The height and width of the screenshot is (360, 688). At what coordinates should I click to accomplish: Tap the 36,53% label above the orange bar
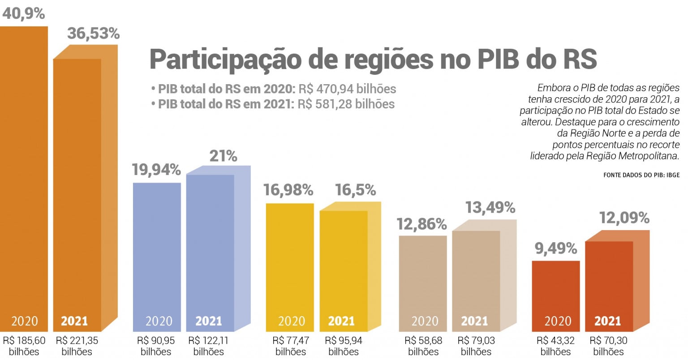pyautogui.click(x=94, y=33)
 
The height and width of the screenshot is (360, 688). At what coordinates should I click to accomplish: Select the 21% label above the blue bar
pyautogui.click(x=223, y=156)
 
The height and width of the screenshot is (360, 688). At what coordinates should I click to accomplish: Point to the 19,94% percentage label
pyautogui.click(x=156, y=170)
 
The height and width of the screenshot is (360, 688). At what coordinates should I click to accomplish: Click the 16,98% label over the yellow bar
pyautogui.click(x=288, y=190)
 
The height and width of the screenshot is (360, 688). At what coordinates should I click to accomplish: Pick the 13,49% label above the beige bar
pyautogui.click(x=490, y=207)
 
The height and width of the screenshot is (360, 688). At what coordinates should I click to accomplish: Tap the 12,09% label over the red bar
pyautogui.click(x=624, y=218)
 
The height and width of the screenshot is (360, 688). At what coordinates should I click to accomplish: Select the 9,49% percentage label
pyautogui.click(x=556, y=248)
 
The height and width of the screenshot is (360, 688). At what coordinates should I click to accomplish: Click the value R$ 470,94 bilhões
pyautogui.click(x=347, y=89)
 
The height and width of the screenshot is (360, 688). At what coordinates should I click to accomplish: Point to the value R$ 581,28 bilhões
pyautogui.click(x=346, y=104)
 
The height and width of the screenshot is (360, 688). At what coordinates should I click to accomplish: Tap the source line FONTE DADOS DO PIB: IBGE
pyautogui.click(x=641, y=175)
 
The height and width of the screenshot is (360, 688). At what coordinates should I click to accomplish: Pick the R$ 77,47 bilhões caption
pyautogui.click(x=291, y=346)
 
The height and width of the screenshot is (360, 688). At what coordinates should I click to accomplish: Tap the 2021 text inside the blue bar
pyautogui.click(x=209, y=321)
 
